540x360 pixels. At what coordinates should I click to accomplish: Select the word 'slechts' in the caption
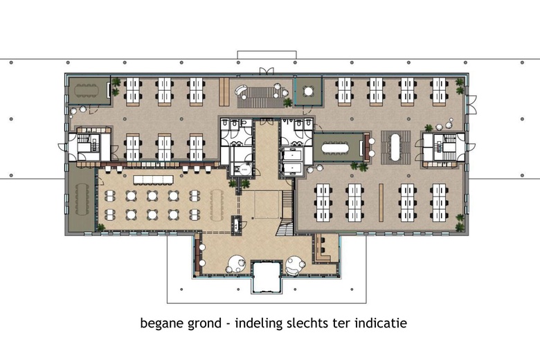[312, 323]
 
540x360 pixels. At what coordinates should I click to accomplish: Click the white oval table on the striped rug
[393, 145]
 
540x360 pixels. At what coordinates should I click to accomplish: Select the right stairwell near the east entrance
[444, 145]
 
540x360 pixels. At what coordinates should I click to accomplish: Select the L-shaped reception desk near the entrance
[322, 251]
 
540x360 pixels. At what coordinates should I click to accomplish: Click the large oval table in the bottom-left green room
[82, 199]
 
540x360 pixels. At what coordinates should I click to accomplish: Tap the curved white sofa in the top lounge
[243, 92]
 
